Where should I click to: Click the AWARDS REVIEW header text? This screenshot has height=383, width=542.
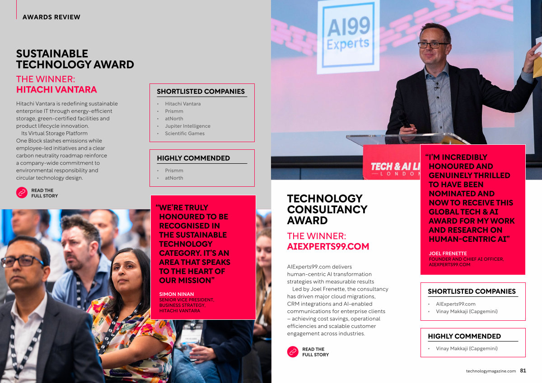point(51,17)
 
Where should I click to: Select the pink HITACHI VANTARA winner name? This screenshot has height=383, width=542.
point(56,90)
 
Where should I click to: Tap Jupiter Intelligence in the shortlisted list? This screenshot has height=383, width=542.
point(187,126)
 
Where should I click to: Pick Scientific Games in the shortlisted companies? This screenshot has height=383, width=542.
point(185,134)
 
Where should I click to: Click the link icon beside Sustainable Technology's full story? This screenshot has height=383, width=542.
point(22,193)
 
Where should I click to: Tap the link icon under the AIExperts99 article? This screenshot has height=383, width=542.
point(293,351)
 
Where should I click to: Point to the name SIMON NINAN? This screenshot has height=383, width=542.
point(177,294)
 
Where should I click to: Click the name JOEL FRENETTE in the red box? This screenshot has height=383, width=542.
point(448,254)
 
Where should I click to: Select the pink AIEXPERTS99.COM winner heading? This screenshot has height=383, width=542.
point(328,246)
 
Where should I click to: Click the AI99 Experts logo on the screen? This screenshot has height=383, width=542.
point(348,35)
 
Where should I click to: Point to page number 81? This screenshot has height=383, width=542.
point(523,371)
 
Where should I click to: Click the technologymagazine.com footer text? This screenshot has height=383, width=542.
point(491,371)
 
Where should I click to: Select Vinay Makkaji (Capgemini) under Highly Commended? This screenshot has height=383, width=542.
point(467,348)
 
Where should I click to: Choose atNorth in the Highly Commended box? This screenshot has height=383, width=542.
point(174,178)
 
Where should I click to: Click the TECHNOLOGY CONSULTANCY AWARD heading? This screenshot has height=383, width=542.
point(327,209)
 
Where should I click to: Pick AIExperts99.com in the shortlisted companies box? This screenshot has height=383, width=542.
point(456,304)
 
